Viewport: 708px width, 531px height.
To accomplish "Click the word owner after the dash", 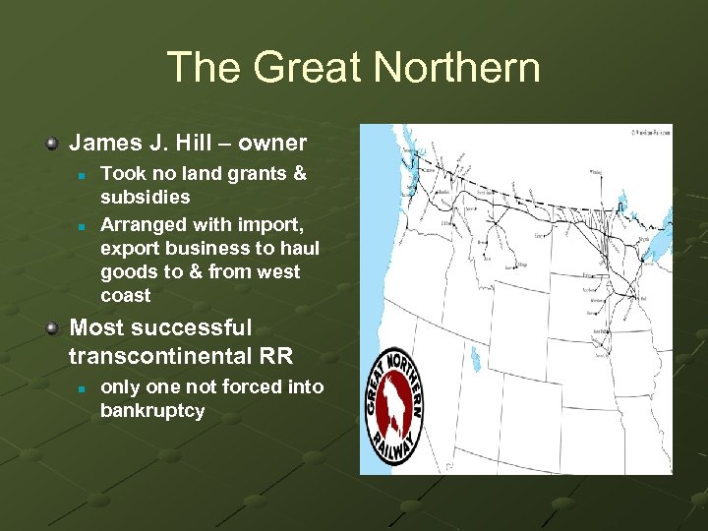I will pos(271,143).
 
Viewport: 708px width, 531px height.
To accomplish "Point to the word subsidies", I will pos(146,197).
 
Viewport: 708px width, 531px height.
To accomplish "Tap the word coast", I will pos(126,296).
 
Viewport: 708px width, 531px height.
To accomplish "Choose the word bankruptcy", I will pos(152,411).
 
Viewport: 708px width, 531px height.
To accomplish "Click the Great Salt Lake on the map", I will pos(475,359).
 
